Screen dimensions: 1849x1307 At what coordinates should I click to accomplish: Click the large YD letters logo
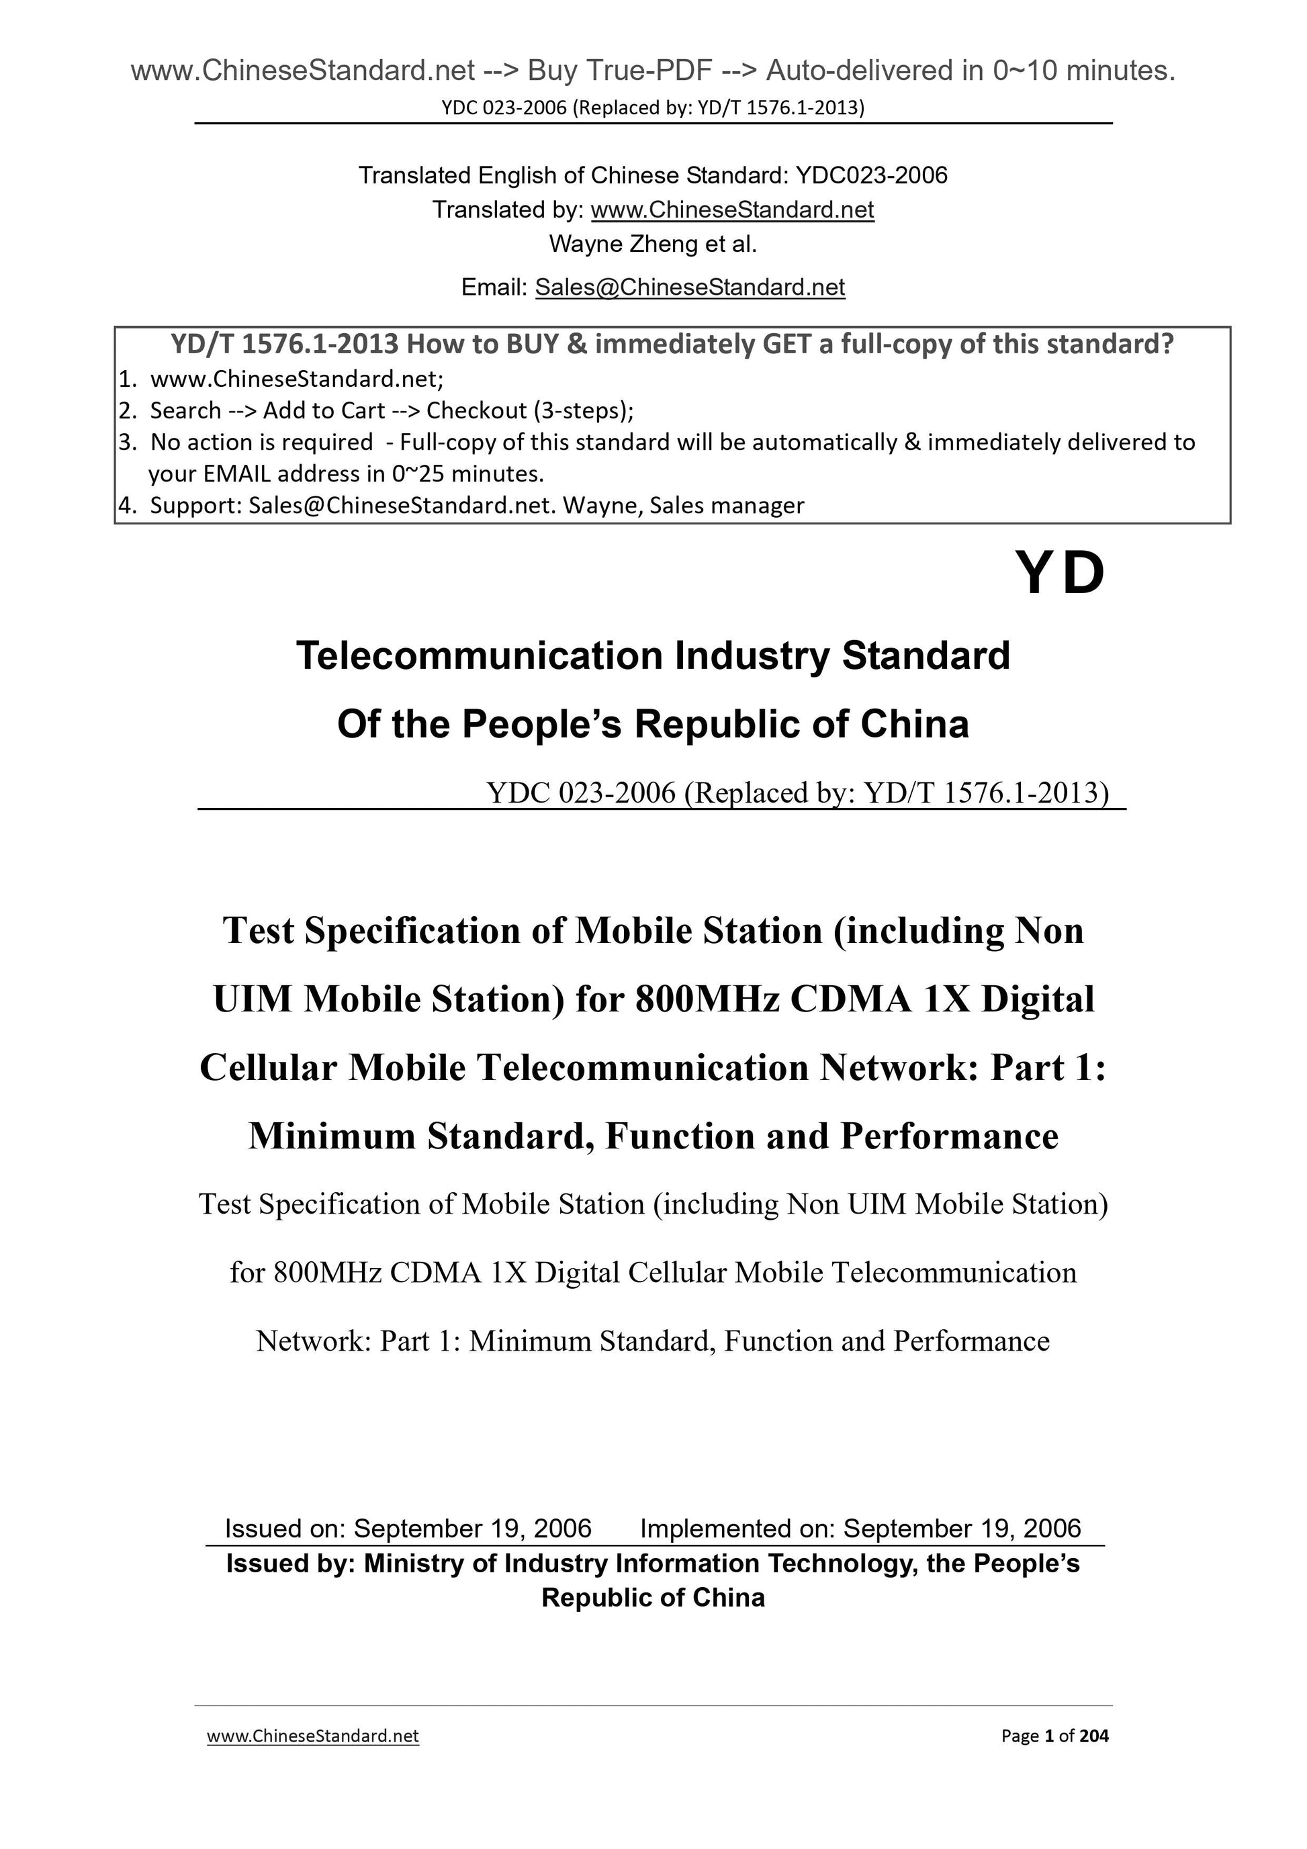(x=1059, y=574)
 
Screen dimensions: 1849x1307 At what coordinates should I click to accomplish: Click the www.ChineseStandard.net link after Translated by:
(x=732, y=210)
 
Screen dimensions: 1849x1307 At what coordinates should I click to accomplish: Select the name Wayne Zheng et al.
(x=653, y=244)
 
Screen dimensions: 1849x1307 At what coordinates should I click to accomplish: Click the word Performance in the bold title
(x=950, y=1136)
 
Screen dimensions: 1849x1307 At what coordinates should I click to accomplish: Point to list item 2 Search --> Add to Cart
(x=375, y=411)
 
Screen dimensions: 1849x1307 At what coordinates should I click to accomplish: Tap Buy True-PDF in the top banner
(x=620, y=72)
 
